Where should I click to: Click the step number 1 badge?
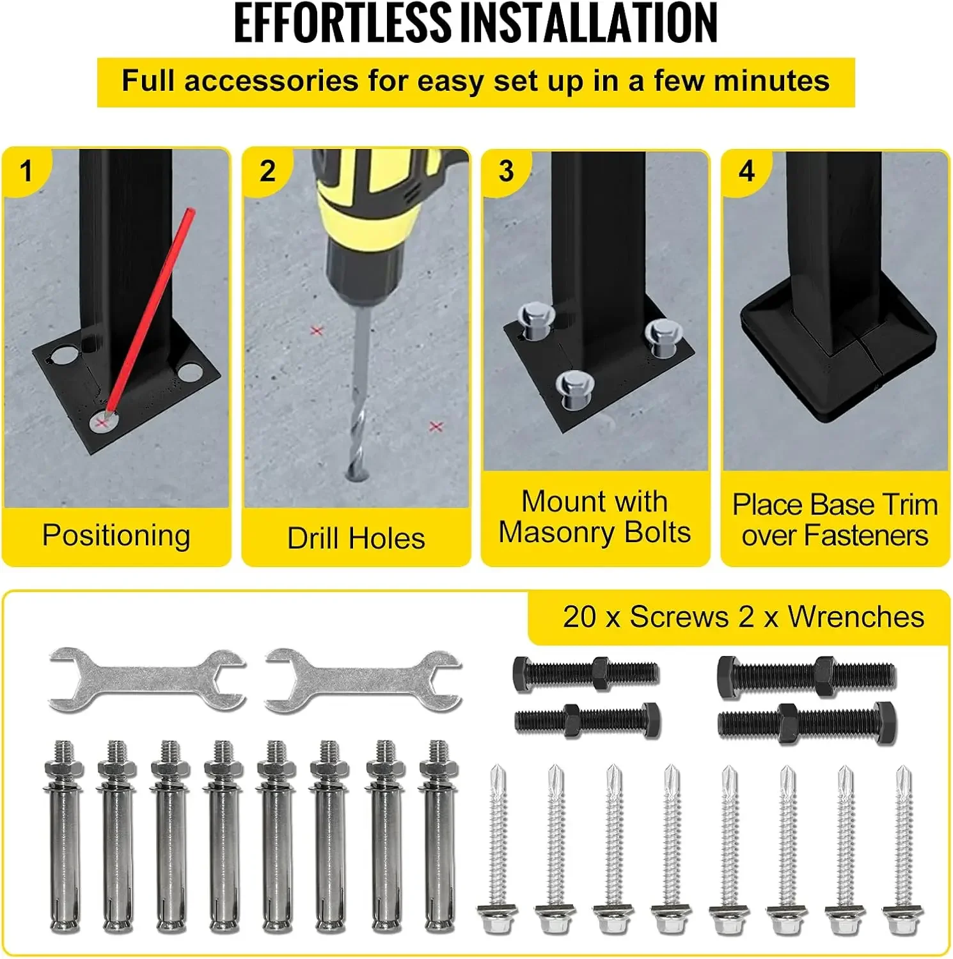tap(26, 171)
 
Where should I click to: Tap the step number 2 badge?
tap(267, 171)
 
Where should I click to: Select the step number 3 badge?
tap(506, 171)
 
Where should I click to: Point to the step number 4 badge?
tap(746, 171)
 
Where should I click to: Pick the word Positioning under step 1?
tap(116, 535)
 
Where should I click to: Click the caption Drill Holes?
tap(356, 538)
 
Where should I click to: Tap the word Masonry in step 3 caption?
tap(551, 532)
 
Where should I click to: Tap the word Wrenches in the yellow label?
tap(855, 617)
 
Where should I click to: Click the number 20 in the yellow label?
tap(579, 617)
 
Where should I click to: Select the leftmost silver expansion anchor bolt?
tap(62, 838)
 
